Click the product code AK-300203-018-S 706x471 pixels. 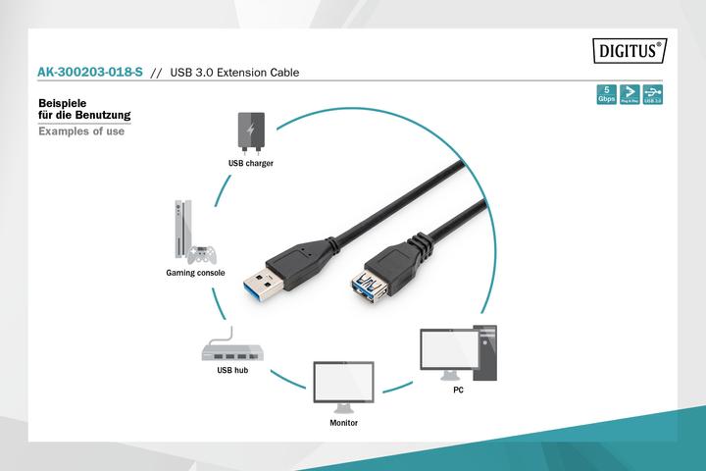[91, 73]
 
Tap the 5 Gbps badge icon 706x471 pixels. [607, 95]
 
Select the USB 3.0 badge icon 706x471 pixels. [651, 95]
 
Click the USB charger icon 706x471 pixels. [250, 131]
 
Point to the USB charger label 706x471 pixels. [250, 163]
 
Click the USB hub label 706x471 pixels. [232, 371]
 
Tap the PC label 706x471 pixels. [458, 391]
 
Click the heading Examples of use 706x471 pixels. [80, 131]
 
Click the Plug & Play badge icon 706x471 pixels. [629, 95]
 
